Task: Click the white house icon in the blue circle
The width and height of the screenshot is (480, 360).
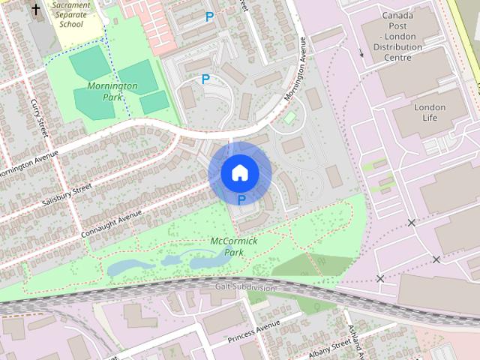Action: click(x=239, y=173)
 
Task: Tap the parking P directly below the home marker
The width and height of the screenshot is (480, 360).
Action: click(x=241, y=199)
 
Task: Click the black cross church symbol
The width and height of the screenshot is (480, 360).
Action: click(x=35, y=9)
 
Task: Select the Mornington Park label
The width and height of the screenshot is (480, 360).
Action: click(x=112, y=91)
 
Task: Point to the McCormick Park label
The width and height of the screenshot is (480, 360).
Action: click(x=233, y=247)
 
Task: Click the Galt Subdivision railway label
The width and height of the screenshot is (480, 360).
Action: click(x=244, y=287)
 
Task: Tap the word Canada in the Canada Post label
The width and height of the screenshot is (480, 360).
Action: click(x=398, y=15)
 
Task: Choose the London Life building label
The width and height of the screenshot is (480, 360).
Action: click(x=430, y=112)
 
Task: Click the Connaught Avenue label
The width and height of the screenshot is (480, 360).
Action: click(x=112, y=223)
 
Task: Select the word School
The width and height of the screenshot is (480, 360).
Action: click(x=72, y=23)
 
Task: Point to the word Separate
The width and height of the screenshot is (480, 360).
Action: click(x=72, y=14)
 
